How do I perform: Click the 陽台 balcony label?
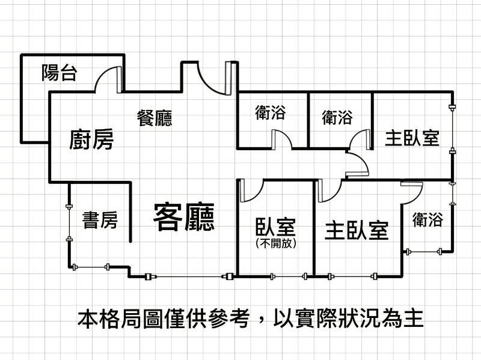(59, 73)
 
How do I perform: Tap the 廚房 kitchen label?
(91, 139)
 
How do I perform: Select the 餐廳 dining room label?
(155, 118)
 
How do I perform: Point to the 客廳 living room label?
(184, 216)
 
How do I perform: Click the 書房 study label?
(100, 220)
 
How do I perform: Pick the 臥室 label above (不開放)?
(275, 227)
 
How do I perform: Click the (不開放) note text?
(275, 243)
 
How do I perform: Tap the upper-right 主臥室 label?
(412, 138)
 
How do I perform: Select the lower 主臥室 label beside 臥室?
(357, 230)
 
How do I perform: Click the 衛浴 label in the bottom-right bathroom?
(427, 219)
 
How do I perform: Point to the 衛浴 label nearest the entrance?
(270, 112)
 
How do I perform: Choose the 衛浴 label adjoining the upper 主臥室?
(337, 117)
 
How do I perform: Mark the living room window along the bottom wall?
(189, 277)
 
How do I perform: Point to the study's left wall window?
(69, 222)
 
